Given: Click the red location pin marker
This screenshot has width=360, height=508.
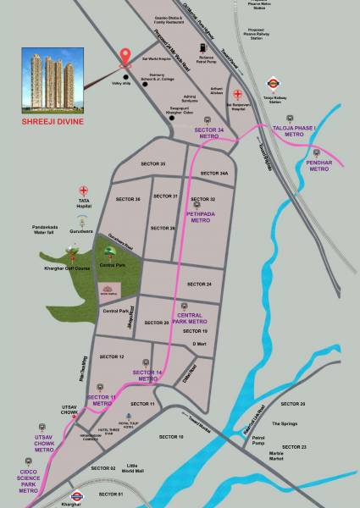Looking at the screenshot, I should [126, 57].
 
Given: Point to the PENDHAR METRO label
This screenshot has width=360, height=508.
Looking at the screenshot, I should [318, 163].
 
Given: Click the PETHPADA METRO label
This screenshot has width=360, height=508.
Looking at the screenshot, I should [201, 216].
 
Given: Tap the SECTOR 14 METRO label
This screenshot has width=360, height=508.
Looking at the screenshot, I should [147, 375].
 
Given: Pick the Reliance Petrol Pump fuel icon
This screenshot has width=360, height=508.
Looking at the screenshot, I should [202, 48].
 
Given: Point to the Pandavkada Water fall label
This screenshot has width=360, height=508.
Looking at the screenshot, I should [50, 229].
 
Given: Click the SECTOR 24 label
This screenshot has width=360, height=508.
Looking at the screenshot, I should [199, 284].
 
